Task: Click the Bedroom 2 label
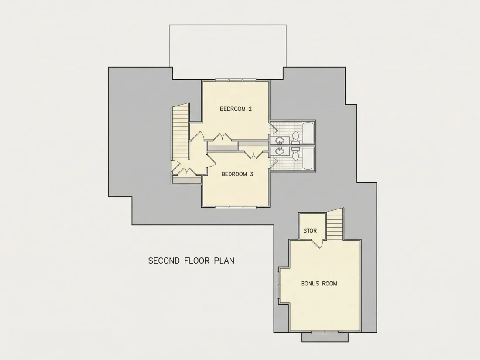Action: pos(236,109)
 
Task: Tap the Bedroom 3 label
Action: pos(237,174)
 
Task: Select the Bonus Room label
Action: pos(319,284)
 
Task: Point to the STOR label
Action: pos(310,230)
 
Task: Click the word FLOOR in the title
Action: pos(197,261)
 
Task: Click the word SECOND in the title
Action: pos(164,261)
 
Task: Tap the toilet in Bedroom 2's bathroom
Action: pos(296,137)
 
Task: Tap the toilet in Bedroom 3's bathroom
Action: pos(296,154)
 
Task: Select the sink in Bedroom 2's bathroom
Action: pos(279,141)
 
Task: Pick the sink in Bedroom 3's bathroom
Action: pos(279,151)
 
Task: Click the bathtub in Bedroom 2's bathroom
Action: pos(308,133)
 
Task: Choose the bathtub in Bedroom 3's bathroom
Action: pos(308,158)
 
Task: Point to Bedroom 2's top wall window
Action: pos(235,80)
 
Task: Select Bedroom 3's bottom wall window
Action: pos(235,207)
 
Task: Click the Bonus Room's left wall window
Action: pos(279,285)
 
